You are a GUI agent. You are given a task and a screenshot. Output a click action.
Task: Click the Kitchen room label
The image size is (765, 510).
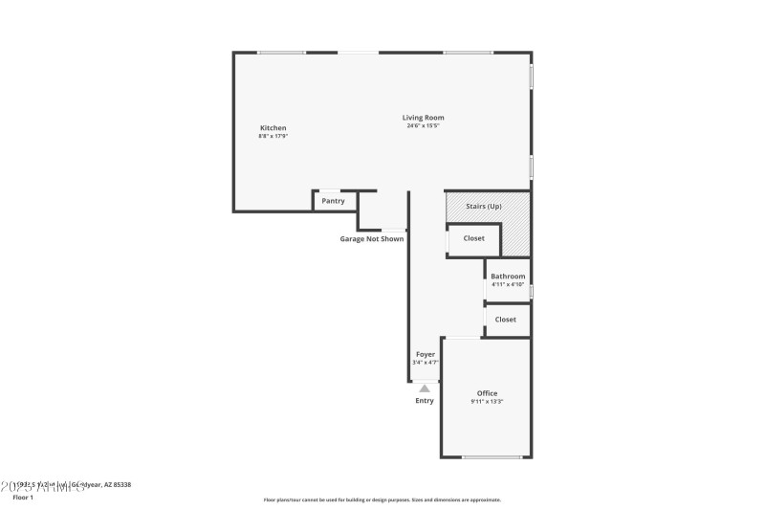point(273,128)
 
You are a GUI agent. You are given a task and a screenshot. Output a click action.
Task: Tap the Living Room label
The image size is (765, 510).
point(423,118)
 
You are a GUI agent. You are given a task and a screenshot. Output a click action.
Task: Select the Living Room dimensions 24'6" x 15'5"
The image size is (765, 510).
point(423,125)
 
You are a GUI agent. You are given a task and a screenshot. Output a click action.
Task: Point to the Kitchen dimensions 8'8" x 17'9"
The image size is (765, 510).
point(273,136)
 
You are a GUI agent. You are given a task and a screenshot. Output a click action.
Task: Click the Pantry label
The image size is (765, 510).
point(333,201)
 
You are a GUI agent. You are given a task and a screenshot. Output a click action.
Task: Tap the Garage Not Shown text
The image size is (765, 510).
point(372,239)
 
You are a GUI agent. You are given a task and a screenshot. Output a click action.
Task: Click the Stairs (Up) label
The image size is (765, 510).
point(483,207)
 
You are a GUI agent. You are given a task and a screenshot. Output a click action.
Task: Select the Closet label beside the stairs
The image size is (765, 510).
point(474,238)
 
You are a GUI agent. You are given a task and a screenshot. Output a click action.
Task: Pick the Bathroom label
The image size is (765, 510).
point(508,277)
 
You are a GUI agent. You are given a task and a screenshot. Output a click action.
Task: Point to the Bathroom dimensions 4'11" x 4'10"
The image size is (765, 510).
point(508,284)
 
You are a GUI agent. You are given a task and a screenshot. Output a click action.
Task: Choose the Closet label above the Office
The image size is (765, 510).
point(506,320)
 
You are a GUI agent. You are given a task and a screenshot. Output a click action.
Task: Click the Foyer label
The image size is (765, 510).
point(425,354)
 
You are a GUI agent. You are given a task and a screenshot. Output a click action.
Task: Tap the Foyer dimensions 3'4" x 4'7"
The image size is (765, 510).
point(425,362)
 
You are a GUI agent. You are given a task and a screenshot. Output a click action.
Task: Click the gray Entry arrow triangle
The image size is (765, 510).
point(425,388)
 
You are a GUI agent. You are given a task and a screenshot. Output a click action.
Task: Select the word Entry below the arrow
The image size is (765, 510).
point(425,400)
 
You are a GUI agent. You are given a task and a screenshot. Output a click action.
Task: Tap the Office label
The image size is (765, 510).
point(488,393)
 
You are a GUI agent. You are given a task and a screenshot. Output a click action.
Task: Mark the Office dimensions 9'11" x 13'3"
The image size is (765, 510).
point(488,402)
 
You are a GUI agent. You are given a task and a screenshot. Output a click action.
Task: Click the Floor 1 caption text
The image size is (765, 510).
point(23,498)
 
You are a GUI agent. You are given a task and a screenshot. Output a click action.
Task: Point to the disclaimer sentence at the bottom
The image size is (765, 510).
point(382,499)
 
